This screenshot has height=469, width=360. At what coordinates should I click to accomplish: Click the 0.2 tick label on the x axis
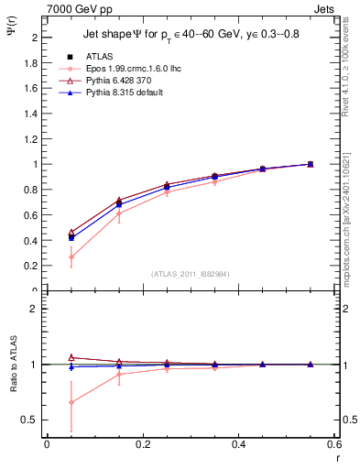tap(143, 445)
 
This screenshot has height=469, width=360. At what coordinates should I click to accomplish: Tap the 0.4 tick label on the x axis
tap(239, 445)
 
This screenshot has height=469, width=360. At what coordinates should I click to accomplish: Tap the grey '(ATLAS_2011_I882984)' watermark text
tap(191, 274)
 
